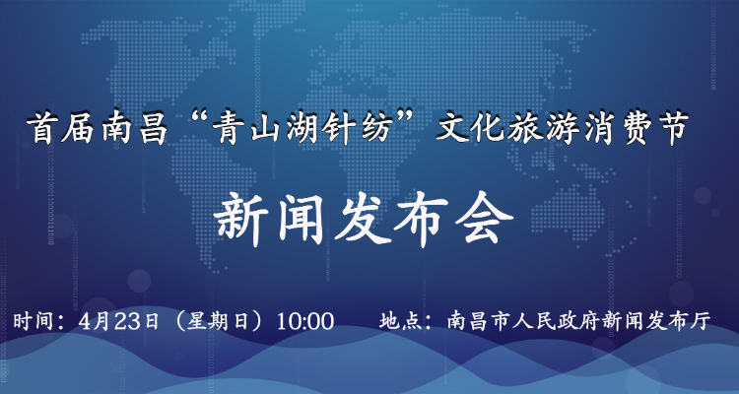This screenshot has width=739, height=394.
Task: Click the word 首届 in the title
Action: (64, 128)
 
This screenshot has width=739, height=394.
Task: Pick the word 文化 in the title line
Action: (470, 128)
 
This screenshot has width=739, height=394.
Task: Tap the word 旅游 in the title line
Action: (543, 128)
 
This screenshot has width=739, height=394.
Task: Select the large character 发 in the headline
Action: (364, 221)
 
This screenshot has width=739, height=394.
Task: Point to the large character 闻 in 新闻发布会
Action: (302, 221)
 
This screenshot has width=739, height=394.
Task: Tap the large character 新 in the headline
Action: (242, 221)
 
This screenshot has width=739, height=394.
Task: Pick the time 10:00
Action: (304, 322)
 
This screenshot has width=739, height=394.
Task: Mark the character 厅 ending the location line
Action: (701, 322)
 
